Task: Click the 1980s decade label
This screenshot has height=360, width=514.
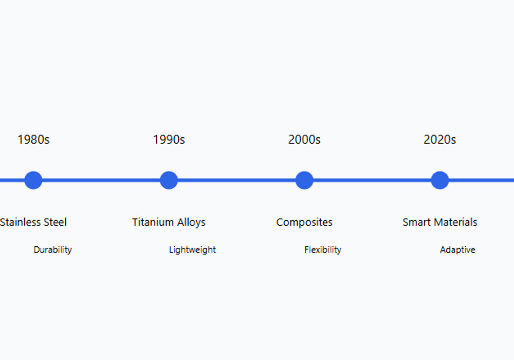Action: [33, 140]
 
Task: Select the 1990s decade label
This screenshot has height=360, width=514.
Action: [169, 140]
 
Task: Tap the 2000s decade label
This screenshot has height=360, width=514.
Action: [304, 140]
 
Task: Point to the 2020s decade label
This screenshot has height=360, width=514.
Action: [439, 140]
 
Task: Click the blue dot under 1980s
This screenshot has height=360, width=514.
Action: [33, 180]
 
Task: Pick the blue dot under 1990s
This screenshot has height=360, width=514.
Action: [169, 180]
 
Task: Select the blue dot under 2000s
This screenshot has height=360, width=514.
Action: [304, 180]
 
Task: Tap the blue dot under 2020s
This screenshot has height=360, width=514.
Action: [439, 180]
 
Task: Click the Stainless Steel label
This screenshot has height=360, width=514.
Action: [33, 222]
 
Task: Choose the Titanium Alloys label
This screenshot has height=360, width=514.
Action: [169, 223]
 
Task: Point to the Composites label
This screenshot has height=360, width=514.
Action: [304, 223]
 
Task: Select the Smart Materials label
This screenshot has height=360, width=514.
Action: [439, 222]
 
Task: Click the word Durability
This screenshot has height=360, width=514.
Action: [52, 250]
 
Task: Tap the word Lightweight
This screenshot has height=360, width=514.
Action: [192, 250]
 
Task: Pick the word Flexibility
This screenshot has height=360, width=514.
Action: [323, 250]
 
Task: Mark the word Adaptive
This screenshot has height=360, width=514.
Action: [457, 250]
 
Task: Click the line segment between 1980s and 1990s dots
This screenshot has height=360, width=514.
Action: [101, 180]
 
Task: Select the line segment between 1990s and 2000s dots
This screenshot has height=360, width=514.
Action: [236, 180]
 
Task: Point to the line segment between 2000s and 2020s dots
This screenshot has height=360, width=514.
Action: [372, 180]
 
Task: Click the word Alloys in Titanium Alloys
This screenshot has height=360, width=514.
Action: [191, 223]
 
